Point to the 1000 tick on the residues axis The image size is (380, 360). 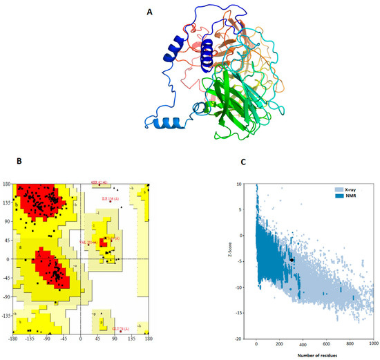click(374, 343)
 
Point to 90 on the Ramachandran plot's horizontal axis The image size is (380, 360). click(114, 341)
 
